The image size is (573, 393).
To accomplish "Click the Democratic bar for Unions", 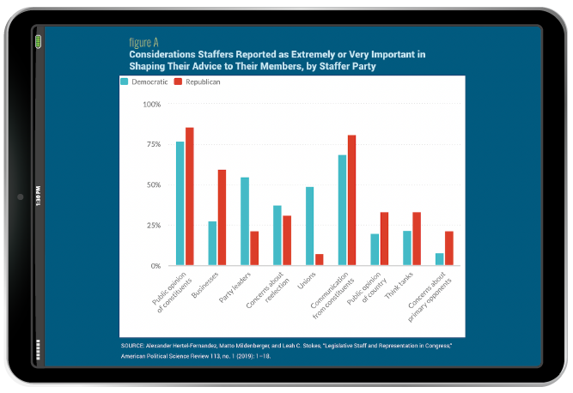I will point(309,227).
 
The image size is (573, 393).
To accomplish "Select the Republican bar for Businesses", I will point(222,218).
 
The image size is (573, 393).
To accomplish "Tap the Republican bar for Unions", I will point(319,260).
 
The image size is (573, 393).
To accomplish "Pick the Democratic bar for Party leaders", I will point(245,221).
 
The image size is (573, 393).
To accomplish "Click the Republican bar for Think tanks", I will point(417,239).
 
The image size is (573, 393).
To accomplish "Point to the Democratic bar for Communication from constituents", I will point(342,210).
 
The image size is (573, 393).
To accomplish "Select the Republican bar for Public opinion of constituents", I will point(190,196).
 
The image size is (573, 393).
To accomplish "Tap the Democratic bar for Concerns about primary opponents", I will point(440,259).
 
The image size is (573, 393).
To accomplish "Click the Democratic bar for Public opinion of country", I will point(375,250).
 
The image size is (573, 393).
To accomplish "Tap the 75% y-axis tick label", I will point(153,145).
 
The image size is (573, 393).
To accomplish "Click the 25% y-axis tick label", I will point(153,226).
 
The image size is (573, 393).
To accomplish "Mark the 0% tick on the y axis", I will point(155,266).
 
